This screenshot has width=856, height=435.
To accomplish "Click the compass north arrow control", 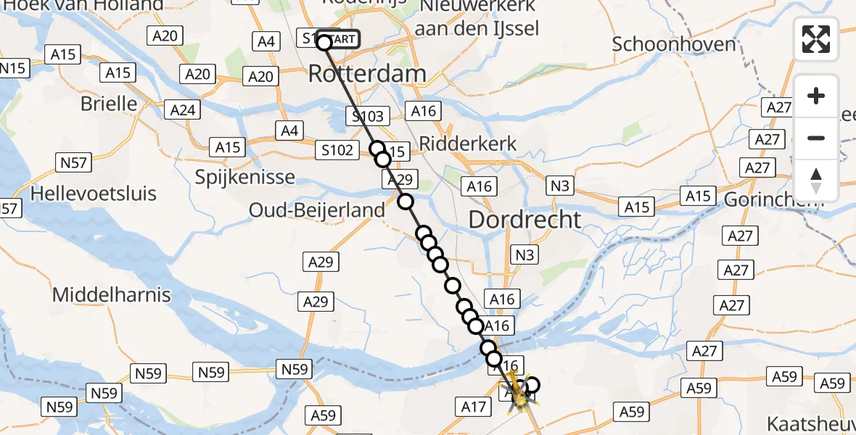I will (x=816, y=181).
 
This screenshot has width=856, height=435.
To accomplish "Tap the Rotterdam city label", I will (x=367, y=73).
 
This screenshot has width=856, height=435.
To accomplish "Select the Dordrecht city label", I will (x=525, y=220).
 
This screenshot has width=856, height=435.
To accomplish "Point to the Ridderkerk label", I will (x=469, y=144).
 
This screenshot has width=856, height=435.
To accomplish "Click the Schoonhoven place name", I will (x=674, y=44).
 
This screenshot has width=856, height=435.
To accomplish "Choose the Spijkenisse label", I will (x=245, y=177).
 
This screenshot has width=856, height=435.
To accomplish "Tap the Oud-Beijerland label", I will (x=317, y=210).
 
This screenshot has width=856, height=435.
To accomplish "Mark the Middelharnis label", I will (x=112, y=294).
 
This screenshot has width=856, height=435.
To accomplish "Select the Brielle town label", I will (x=109, y=104).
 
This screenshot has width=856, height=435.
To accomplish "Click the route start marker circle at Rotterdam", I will (x=324, y=43).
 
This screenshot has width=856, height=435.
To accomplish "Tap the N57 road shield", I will (x=75, y=162).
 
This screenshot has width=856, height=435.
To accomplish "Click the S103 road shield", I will (x=368, y=116).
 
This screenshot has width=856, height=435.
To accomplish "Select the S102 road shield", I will (x=337, y=150).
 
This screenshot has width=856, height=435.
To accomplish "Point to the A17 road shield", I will (x=473, y=407).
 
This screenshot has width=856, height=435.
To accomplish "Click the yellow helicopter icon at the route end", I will (x=519, y=395).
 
